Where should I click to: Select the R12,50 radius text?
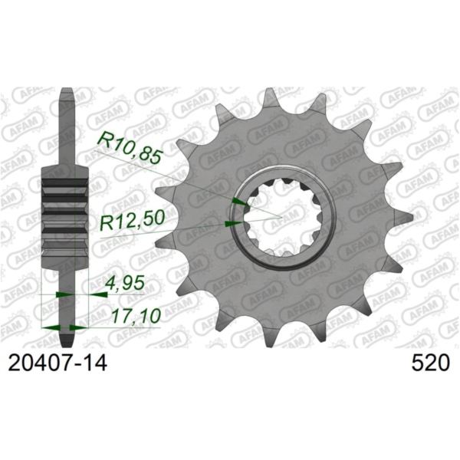pos(132,223)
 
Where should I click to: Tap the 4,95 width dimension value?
pos(123,284)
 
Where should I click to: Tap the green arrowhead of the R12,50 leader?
pos(231,223)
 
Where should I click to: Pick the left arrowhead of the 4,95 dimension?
pos(64,294)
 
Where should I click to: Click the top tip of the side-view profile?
pos(67,93)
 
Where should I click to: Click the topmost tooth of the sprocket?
pos(268,96)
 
